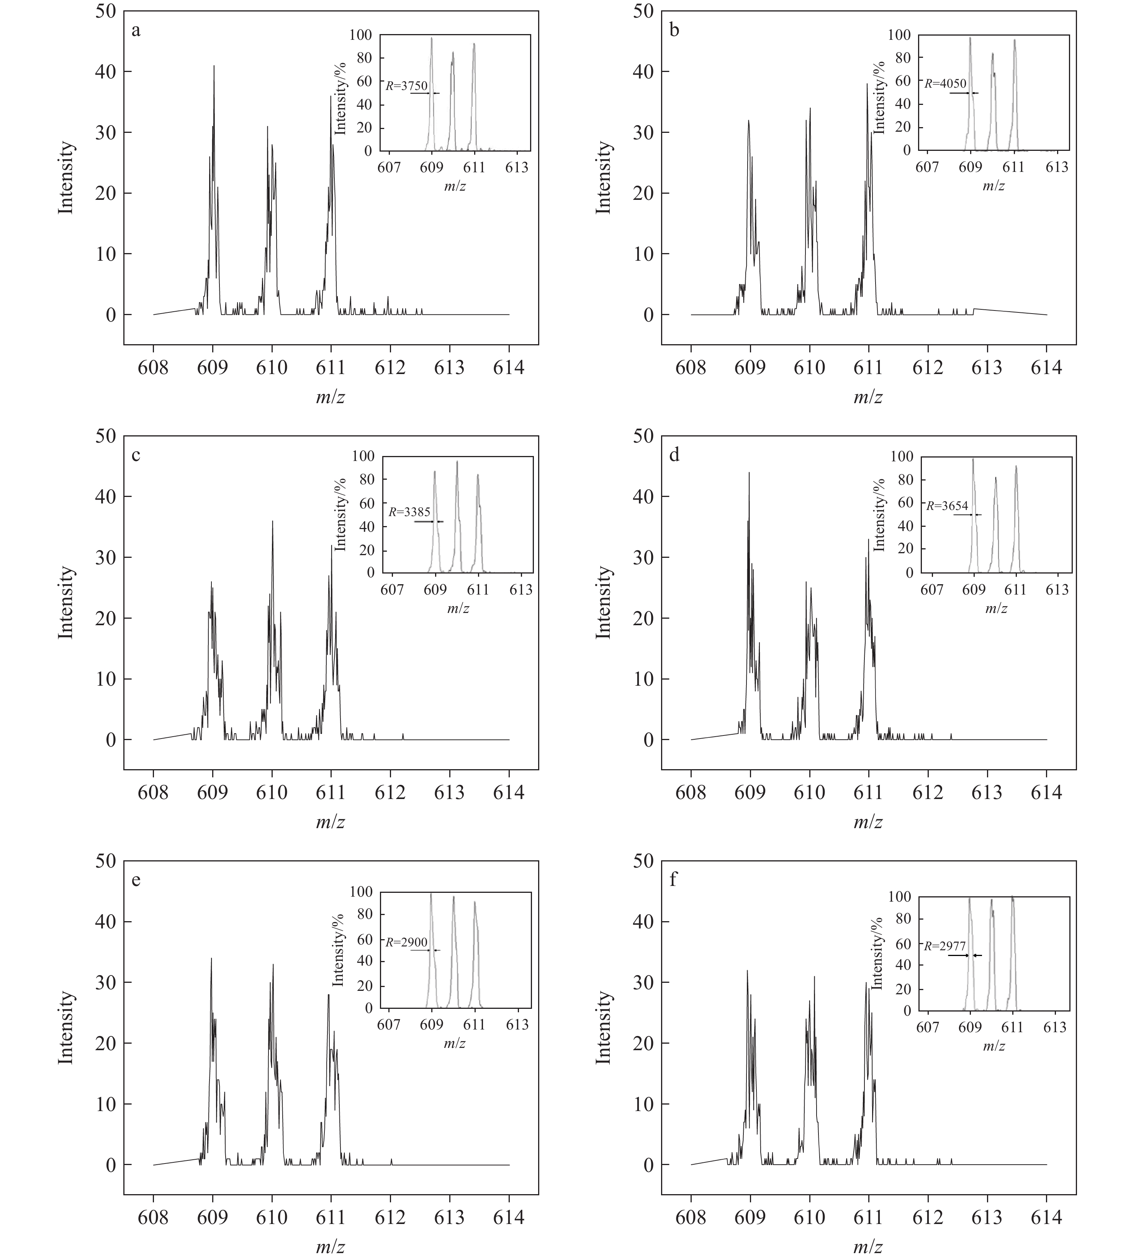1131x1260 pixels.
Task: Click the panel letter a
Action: coord(136,30)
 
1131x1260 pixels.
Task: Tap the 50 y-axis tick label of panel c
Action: coord(106,436)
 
